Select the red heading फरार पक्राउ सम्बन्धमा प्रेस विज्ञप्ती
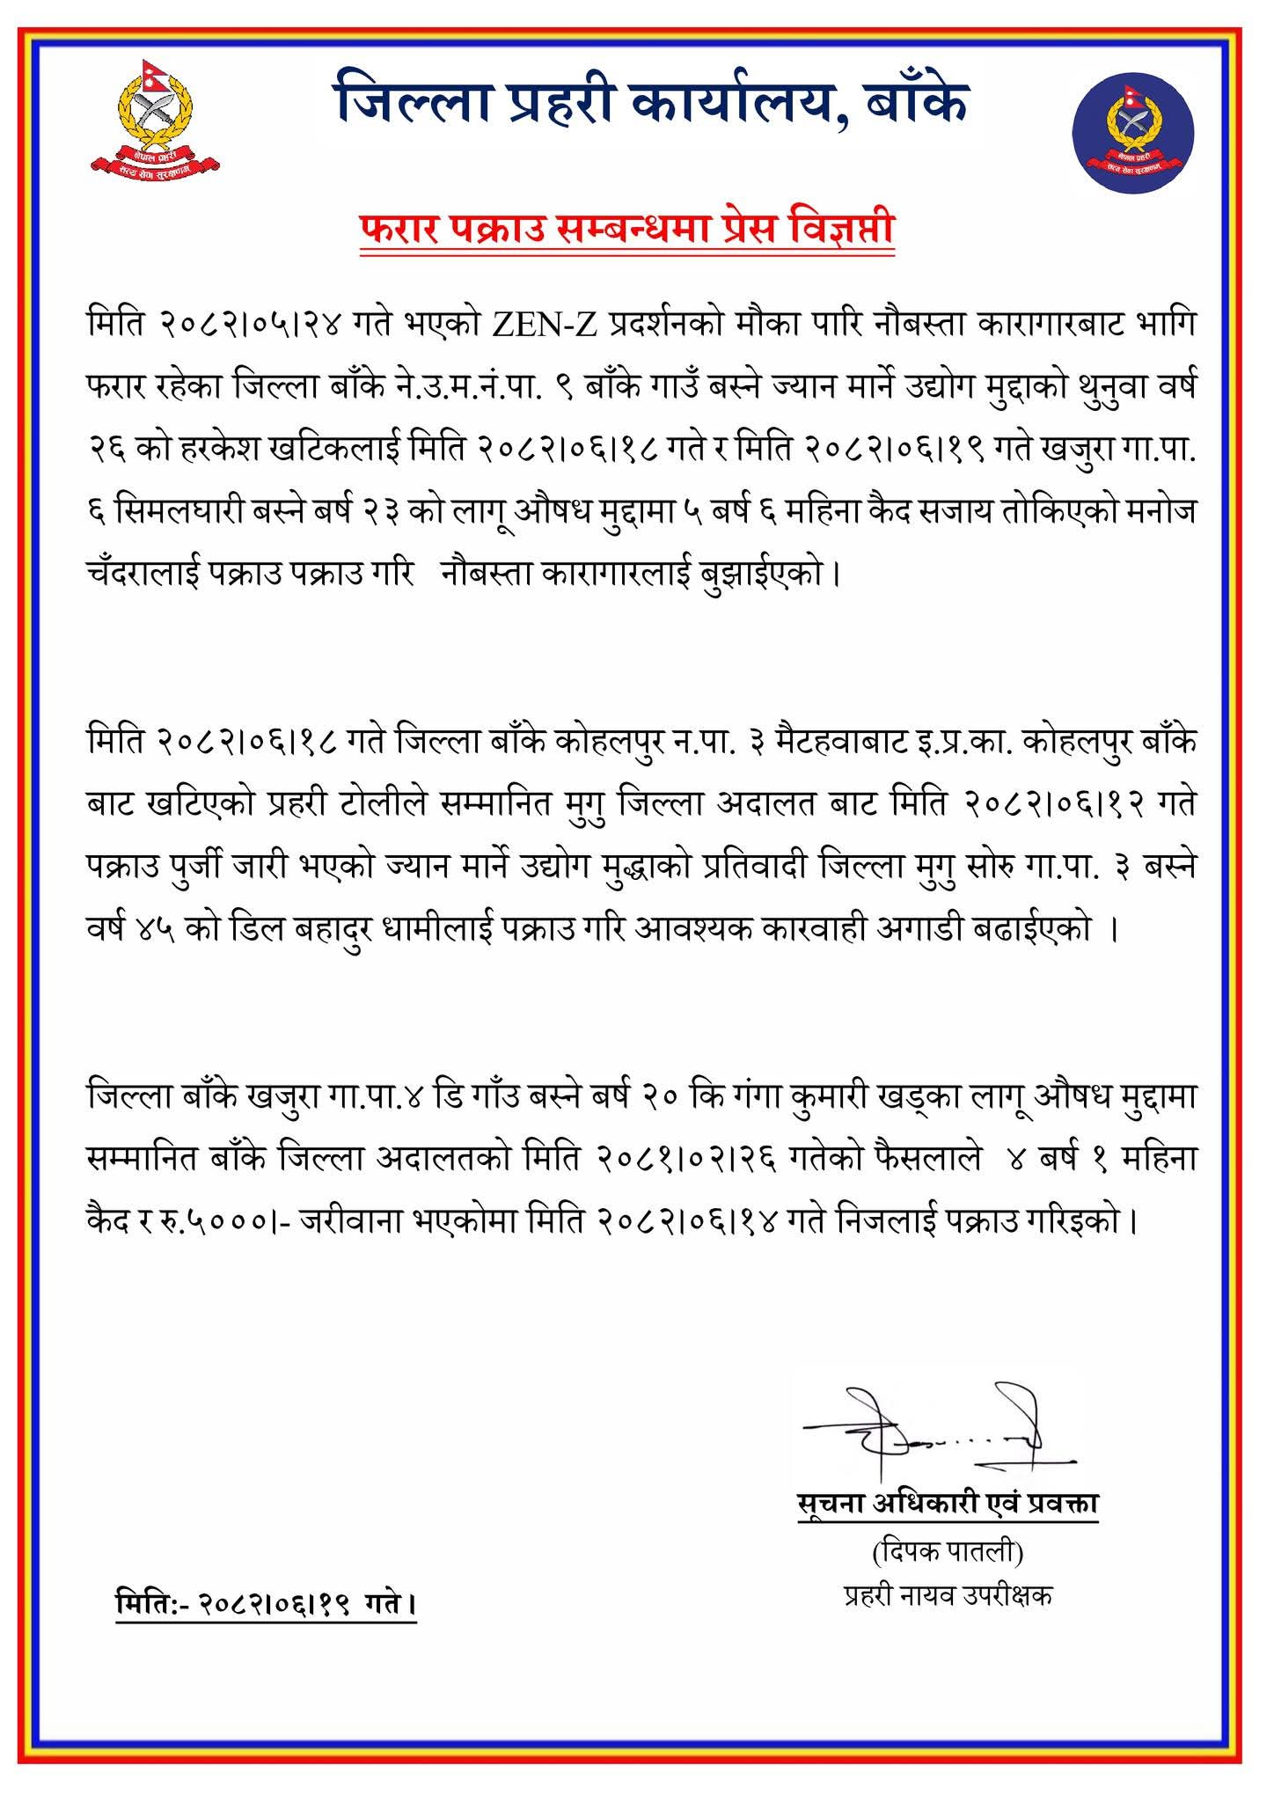coord(627,232)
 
